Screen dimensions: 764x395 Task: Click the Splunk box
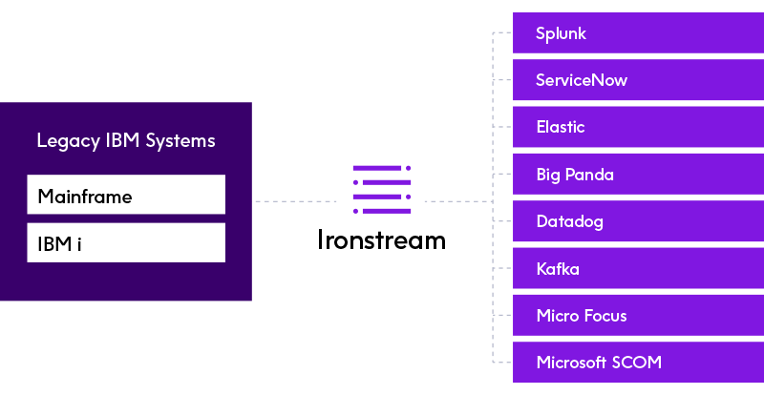pyautogui.click(x=638, y=33)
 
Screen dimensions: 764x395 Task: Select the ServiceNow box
pyautogui.click(x=638, y=80)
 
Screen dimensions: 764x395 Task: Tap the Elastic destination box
pyautogui.click(x=638, y=127)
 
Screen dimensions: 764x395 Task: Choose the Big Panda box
pyautogui.click(x=638, y=175)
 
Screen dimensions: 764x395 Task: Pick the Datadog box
pyautogui.click(x=638, y=221)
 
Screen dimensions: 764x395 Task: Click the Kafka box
pyautogui.click(x=638, y=268)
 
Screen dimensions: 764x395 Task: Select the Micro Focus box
pyautogui.click(x=638, y=315)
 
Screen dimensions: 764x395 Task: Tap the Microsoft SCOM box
pyautogui.click(x=638, y=363)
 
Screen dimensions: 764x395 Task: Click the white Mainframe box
pyautogui.click(x=126, y=195)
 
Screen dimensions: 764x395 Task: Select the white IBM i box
pyautogui.click(x=126, y=242)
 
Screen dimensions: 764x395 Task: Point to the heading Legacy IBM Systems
pyautogui.click(x=126, y=141)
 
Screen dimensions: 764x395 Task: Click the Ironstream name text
pyautogui.click(x=381, y=239)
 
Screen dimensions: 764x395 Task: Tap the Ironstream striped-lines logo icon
pyautogui.click(x=382, y=190)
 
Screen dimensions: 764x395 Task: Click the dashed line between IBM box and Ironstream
pyautogui.click(x=296, y=201)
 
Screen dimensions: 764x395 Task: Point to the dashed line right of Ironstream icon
pyautogui.click(x=458, y=201)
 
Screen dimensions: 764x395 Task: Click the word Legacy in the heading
pyautogui.click(x=68, y=142)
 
